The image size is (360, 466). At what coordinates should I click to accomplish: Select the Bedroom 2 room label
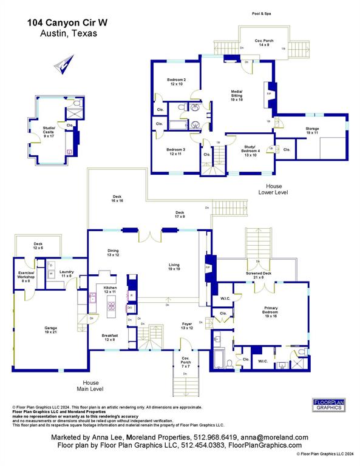pyautogui.click(x=176, y=82)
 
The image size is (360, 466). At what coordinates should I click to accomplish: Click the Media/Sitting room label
pyautogui.click(x=236, y=96)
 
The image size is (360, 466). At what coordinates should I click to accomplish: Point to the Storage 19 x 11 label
pyautogui.click(x=312, y=130)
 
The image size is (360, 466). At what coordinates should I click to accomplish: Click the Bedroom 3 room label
pyautogui.click(x=176, y=152)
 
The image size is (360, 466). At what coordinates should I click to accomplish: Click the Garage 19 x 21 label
pyautogui.click(x=50, y=331)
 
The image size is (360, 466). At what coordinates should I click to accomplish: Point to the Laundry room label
pyautogui.click(x=66, y=274)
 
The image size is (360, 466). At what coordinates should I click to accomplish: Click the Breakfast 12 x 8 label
pyautogui.click(x=110, y=337)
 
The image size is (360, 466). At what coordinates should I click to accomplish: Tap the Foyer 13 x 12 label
pyautogui.click(x=188, y=326)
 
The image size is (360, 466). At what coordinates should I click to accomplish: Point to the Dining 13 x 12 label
pyautogui.click(x=113, y=252)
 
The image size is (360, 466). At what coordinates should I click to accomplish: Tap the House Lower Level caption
pyautogui.click(x=276, y=189)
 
